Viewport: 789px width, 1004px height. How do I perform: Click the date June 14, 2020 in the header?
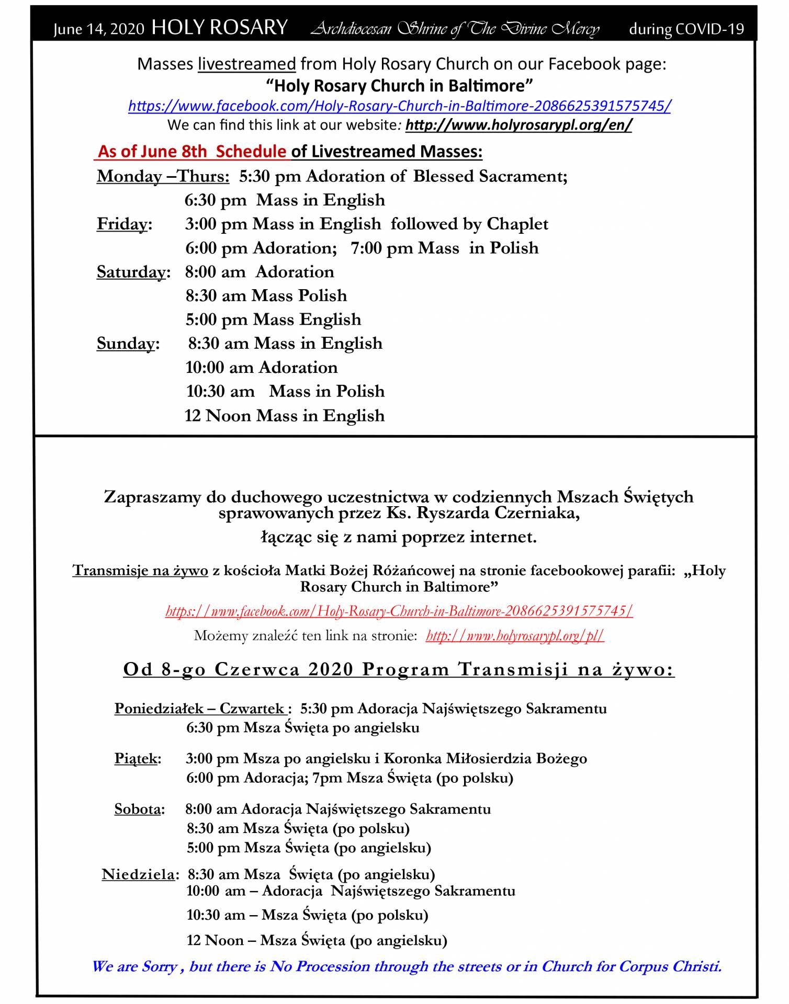coord(98,29)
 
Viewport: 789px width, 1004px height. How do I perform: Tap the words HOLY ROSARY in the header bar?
coord(219,28)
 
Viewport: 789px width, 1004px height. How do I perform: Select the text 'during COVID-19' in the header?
coord(686,29)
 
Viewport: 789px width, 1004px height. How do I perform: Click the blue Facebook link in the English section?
coord(399,106)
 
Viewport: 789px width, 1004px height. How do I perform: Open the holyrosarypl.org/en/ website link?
coord(519,125)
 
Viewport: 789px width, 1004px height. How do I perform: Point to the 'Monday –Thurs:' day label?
coord(163,177)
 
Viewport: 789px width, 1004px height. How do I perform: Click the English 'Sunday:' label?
coord(128,344)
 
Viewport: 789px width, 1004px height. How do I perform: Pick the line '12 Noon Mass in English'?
coord(284,416)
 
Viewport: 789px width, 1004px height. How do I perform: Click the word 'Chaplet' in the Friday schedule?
coord(517,224)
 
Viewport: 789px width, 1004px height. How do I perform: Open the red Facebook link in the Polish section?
coord(399,611)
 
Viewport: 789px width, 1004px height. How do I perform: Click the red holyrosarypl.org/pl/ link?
coord(515,636)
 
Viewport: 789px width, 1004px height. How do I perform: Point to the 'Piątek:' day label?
coord(138,759)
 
